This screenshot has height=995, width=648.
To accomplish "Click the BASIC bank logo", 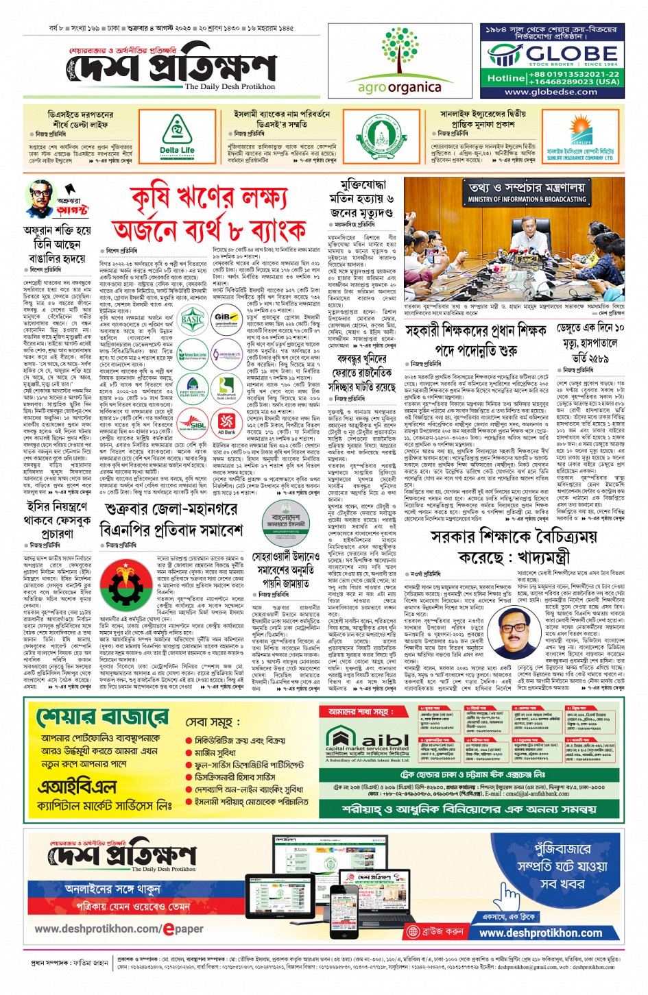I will pyautogui.click(x=193, y=319).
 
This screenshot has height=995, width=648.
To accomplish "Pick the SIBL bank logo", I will pyautogui.click(x=193, y=423).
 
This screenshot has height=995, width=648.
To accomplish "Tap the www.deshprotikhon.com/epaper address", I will pyautogui.click(x=119, y=929).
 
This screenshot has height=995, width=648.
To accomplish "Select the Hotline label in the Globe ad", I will pyautogui.click(x=506, y=77).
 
